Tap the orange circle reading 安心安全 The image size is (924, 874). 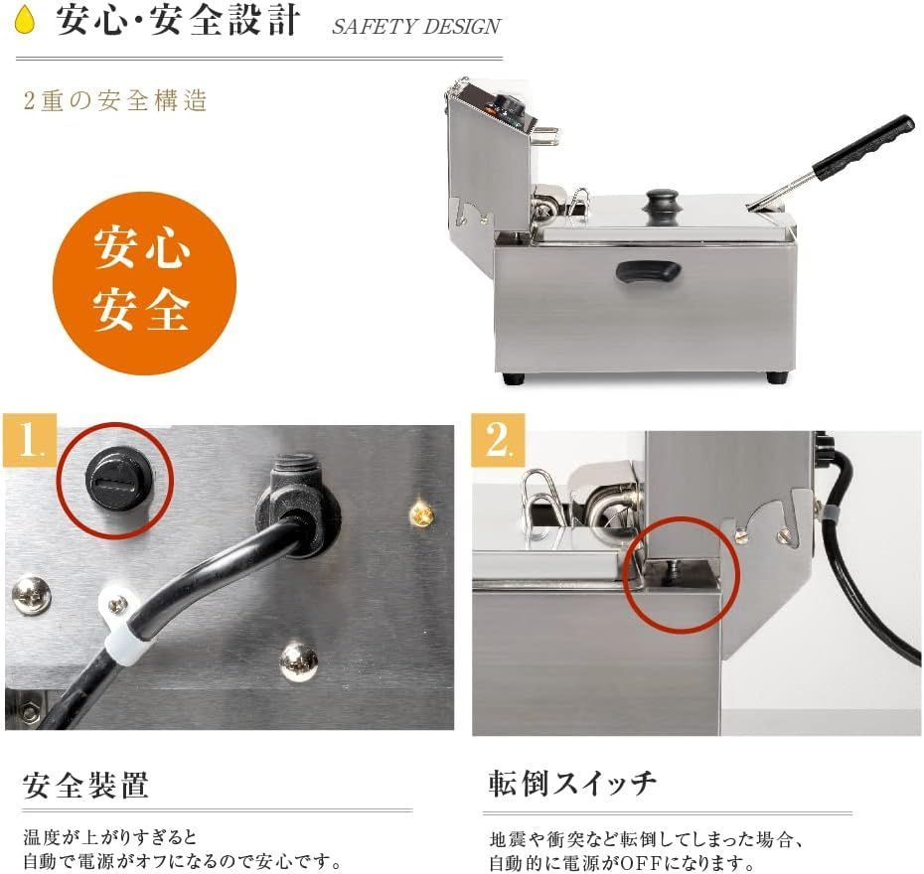click(x=144, y=283)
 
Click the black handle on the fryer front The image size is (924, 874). click(x=647, y=269)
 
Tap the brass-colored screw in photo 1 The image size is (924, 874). click(x=421, y=513)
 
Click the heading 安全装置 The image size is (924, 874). click(x=85, y=785)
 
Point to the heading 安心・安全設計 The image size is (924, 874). click(x=177, y=21)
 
